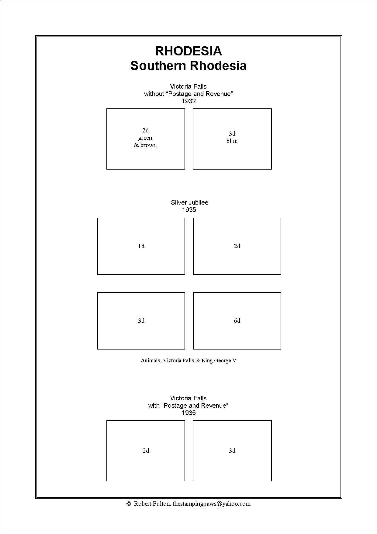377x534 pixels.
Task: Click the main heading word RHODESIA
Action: click(188, 51)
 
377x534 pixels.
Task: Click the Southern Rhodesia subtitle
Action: click(188, 66)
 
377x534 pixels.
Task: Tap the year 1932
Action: click(189, 101)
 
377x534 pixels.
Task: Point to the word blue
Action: click(232, 141)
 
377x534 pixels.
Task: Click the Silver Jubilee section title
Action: click(190, 202)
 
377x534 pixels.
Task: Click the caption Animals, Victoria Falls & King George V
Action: click(188, 360)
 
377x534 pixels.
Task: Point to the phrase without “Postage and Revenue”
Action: click(188, 94)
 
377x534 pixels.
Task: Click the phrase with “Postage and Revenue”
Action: click(188, 406)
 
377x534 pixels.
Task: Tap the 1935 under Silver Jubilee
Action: click(189, 210)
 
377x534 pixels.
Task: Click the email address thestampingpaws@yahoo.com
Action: click(212, 504)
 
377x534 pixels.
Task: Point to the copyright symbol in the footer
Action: click(128, 504)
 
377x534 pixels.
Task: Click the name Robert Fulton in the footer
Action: click(152, 504)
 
